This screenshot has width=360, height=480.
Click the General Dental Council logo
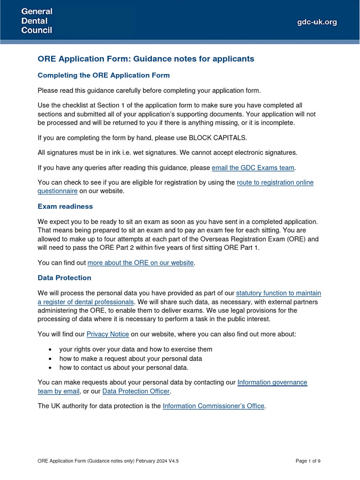coord(37,21)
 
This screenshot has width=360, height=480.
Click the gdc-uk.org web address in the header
coord(317,22)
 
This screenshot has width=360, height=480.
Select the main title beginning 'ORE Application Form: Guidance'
coord(146,59)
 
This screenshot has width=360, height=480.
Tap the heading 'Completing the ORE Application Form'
coord(104,75)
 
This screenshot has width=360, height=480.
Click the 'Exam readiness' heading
coord(65,207)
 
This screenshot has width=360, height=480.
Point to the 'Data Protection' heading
coord(64,278)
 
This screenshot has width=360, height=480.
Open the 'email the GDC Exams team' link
coord(253,167)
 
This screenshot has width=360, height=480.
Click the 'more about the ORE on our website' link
coord(141,263)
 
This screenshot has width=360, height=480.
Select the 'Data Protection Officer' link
coord(136,391)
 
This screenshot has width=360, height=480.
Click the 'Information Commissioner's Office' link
coord(214,406)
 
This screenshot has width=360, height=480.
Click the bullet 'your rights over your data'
coord(135,349)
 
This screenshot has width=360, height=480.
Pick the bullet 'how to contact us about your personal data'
coord(124,367)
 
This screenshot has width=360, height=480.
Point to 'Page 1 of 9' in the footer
coord(308,461)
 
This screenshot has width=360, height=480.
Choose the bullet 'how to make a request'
coord(130,359)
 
